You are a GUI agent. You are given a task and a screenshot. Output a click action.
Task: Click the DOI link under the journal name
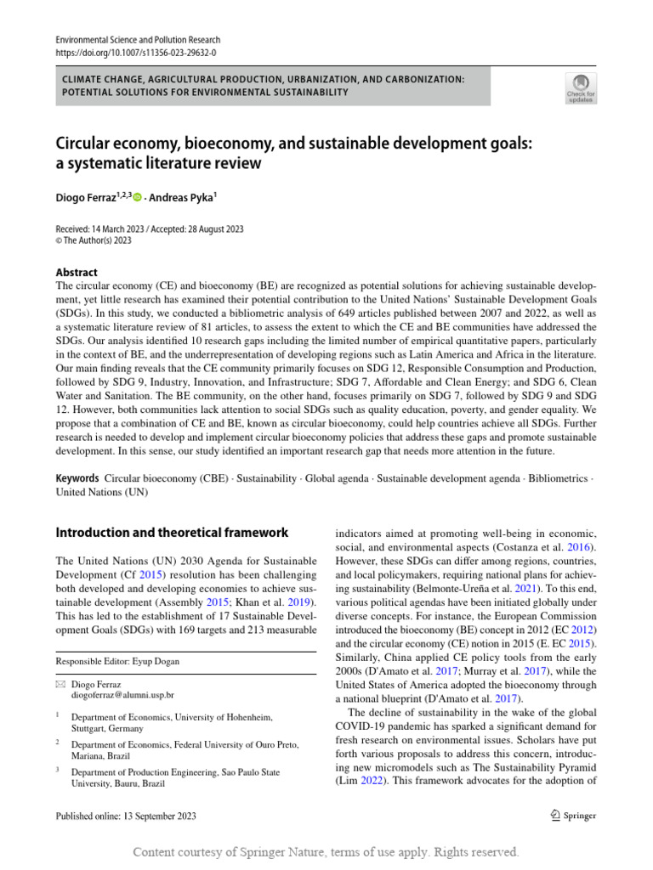[x=136, y=52]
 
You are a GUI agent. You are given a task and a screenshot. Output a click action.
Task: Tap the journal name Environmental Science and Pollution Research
[x=138, y=40]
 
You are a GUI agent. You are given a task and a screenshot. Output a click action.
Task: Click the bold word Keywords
[x=77, y=479]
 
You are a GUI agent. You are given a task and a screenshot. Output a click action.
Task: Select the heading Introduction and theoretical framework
[x=172, y=533]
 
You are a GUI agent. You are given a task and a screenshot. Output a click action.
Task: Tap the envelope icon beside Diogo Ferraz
[x=60, y=683]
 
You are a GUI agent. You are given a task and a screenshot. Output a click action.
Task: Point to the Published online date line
[x=126, y=816]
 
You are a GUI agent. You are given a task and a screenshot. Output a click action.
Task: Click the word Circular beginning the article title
[x=82, y=144]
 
